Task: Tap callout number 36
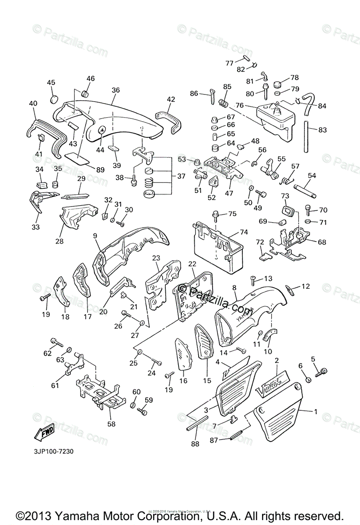click(115, 90)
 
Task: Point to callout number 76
click(239, 105)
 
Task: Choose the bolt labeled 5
click(323, 371)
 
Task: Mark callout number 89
click(101, 169)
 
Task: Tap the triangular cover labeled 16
click(185, 354)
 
